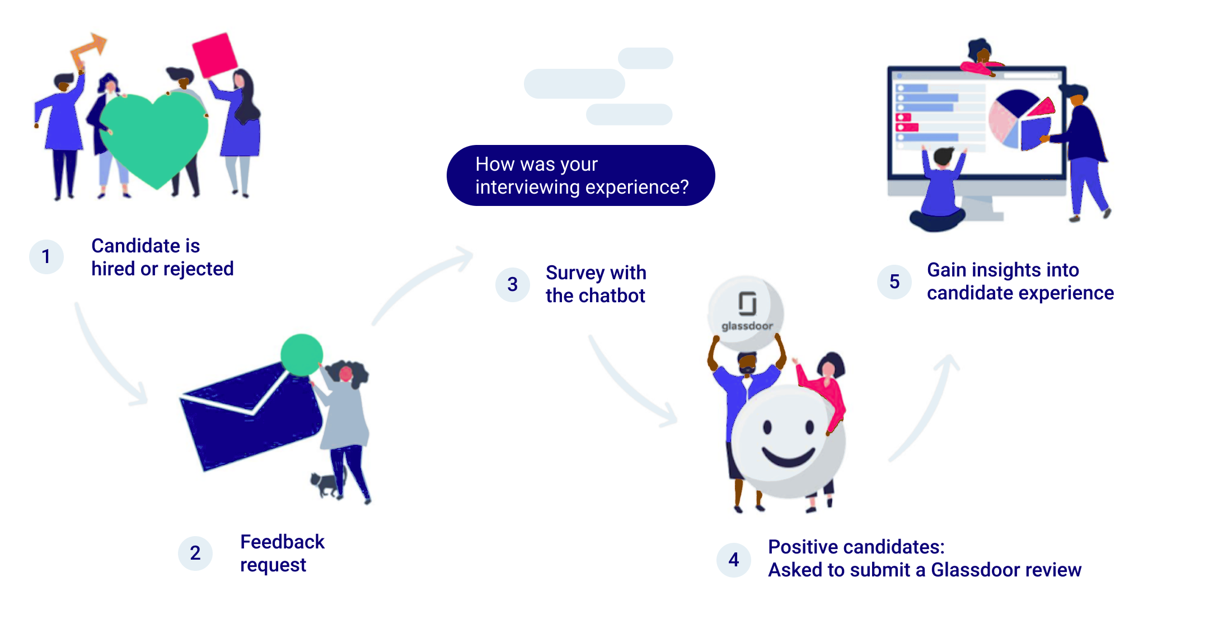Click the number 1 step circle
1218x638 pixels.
point(46,257)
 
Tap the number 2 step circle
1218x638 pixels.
point(195,553)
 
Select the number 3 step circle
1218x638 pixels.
point(512,284)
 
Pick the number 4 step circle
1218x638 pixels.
point(733,560)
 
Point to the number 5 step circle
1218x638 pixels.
point(894,282)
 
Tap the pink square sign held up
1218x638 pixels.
point(214,54)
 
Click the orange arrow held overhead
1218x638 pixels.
point(88,50)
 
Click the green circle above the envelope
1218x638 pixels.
point(302,355)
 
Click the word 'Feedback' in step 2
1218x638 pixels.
point(282,542)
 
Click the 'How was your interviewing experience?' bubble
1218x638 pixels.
point(580,176)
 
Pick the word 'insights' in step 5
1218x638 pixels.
point(1003,270)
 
